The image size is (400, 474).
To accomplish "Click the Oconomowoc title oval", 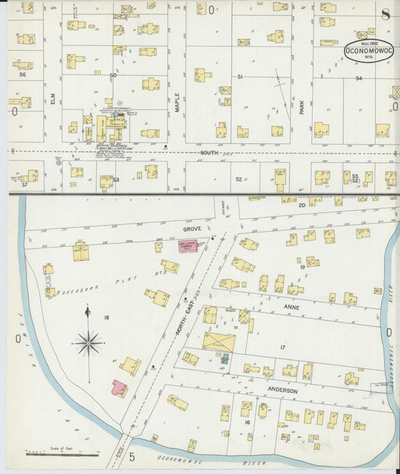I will (x=368, y=50).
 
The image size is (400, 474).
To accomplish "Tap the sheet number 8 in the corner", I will (x=385, y=14).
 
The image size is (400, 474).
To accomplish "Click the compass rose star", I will (x=89, y=343).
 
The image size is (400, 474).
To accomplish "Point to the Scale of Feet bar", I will (x=62, y=454).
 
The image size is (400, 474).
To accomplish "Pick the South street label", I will (x=209, y=152).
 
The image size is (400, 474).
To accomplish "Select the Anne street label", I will (x=290, y=306).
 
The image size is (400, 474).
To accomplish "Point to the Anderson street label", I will (x=284, y=391).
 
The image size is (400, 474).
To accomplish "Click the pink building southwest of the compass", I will (x=119, y=388).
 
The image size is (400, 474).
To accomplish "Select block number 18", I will (x=106, y=318).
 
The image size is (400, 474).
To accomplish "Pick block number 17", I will (x=283, y=347).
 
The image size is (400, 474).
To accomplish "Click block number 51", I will (x=239, y=77).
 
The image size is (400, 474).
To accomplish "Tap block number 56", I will (x=23, y=74).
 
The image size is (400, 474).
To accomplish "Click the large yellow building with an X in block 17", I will (x=218, y=342).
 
